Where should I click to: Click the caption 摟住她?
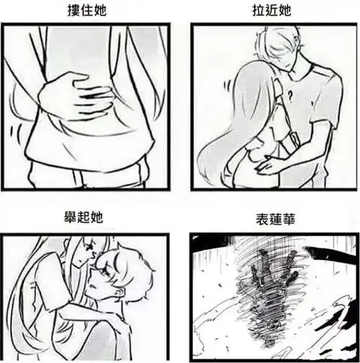click(89, 11)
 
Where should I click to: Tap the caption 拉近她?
click(270, 11)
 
